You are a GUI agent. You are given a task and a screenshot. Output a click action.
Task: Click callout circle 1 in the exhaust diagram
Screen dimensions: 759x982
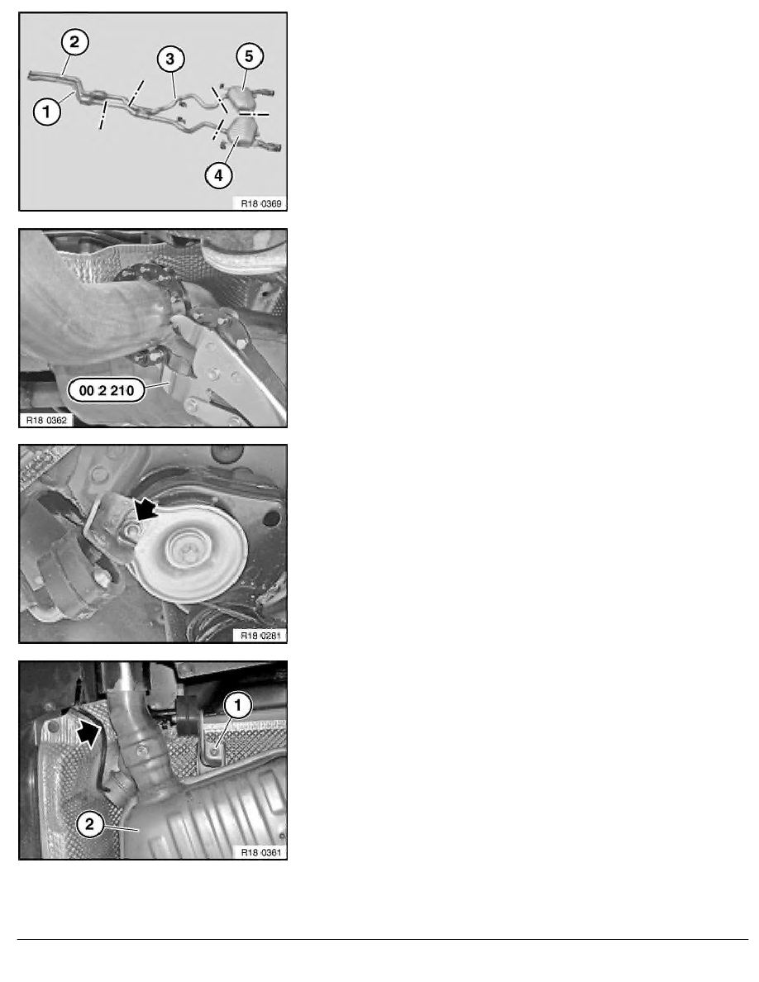click(47, 112)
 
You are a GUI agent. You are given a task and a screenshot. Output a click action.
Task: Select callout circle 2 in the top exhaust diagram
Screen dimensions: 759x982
click(74, 43)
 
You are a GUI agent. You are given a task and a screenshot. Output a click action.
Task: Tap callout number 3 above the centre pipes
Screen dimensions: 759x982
click(170, 60)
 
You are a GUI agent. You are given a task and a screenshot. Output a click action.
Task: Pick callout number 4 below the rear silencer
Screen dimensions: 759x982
click(218, 175)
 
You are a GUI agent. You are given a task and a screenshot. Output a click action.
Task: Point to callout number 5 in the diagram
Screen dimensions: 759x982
click(249, 56)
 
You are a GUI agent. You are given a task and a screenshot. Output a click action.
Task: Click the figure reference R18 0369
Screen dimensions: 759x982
click(261, 203)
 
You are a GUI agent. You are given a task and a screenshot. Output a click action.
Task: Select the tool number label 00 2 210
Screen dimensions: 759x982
click(107, 391)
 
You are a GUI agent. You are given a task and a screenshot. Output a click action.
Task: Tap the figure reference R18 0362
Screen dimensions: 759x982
click(45, 420)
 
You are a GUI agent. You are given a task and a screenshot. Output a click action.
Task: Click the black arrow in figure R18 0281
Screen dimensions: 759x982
click(146, 508)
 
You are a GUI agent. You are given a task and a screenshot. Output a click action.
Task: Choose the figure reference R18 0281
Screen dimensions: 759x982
click(261, 636)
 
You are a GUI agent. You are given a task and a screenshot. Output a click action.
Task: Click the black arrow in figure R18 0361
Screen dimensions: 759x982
click(88, 732)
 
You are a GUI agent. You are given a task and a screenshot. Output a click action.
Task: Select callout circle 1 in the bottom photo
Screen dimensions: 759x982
click(237, 706)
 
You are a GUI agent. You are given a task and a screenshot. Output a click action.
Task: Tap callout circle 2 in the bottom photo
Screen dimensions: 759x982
click(89, 823)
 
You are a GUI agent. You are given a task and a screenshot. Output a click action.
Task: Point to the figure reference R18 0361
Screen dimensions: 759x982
click(261, 852)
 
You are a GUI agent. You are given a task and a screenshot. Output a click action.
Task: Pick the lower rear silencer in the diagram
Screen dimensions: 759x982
click(244, 133)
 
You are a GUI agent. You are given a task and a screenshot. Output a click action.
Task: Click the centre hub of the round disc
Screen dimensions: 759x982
click(185, 549)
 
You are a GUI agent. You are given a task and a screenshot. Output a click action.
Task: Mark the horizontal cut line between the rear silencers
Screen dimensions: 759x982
click(253, 115)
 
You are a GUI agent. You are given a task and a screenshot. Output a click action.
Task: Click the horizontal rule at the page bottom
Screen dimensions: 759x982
click(383, 939)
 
